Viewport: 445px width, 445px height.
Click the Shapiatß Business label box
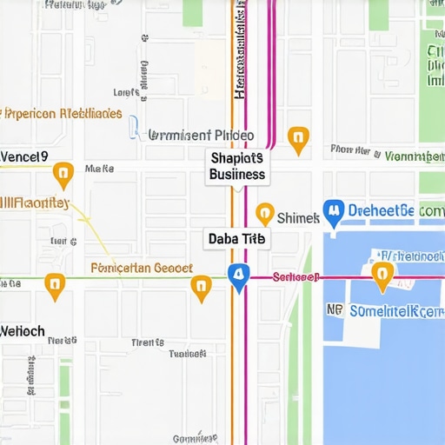pos(236,166)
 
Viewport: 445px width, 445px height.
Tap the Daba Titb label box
pos(236,238)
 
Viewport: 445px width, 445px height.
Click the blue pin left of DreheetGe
pos(332,211)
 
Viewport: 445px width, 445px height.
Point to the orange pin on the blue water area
pos(380,276)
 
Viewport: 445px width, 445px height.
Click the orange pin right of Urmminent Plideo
pos(298,139)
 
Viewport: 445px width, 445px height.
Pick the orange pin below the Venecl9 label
pos(63,175)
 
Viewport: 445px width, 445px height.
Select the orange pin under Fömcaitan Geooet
pos(201,288)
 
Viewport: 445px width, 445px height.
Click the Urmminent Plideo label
pos(201,136)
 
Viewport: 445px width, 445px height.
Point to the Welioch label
pos(23,331)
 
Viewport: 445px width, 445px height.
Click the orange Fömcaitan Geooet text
pos(142,269)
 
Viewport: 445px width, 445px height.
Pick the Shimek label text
pos(298,217)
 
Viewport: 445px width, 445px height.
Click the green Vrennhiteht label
pos(414,156)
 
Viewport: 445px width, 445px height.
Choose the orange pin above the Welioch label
pos(55,286)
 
